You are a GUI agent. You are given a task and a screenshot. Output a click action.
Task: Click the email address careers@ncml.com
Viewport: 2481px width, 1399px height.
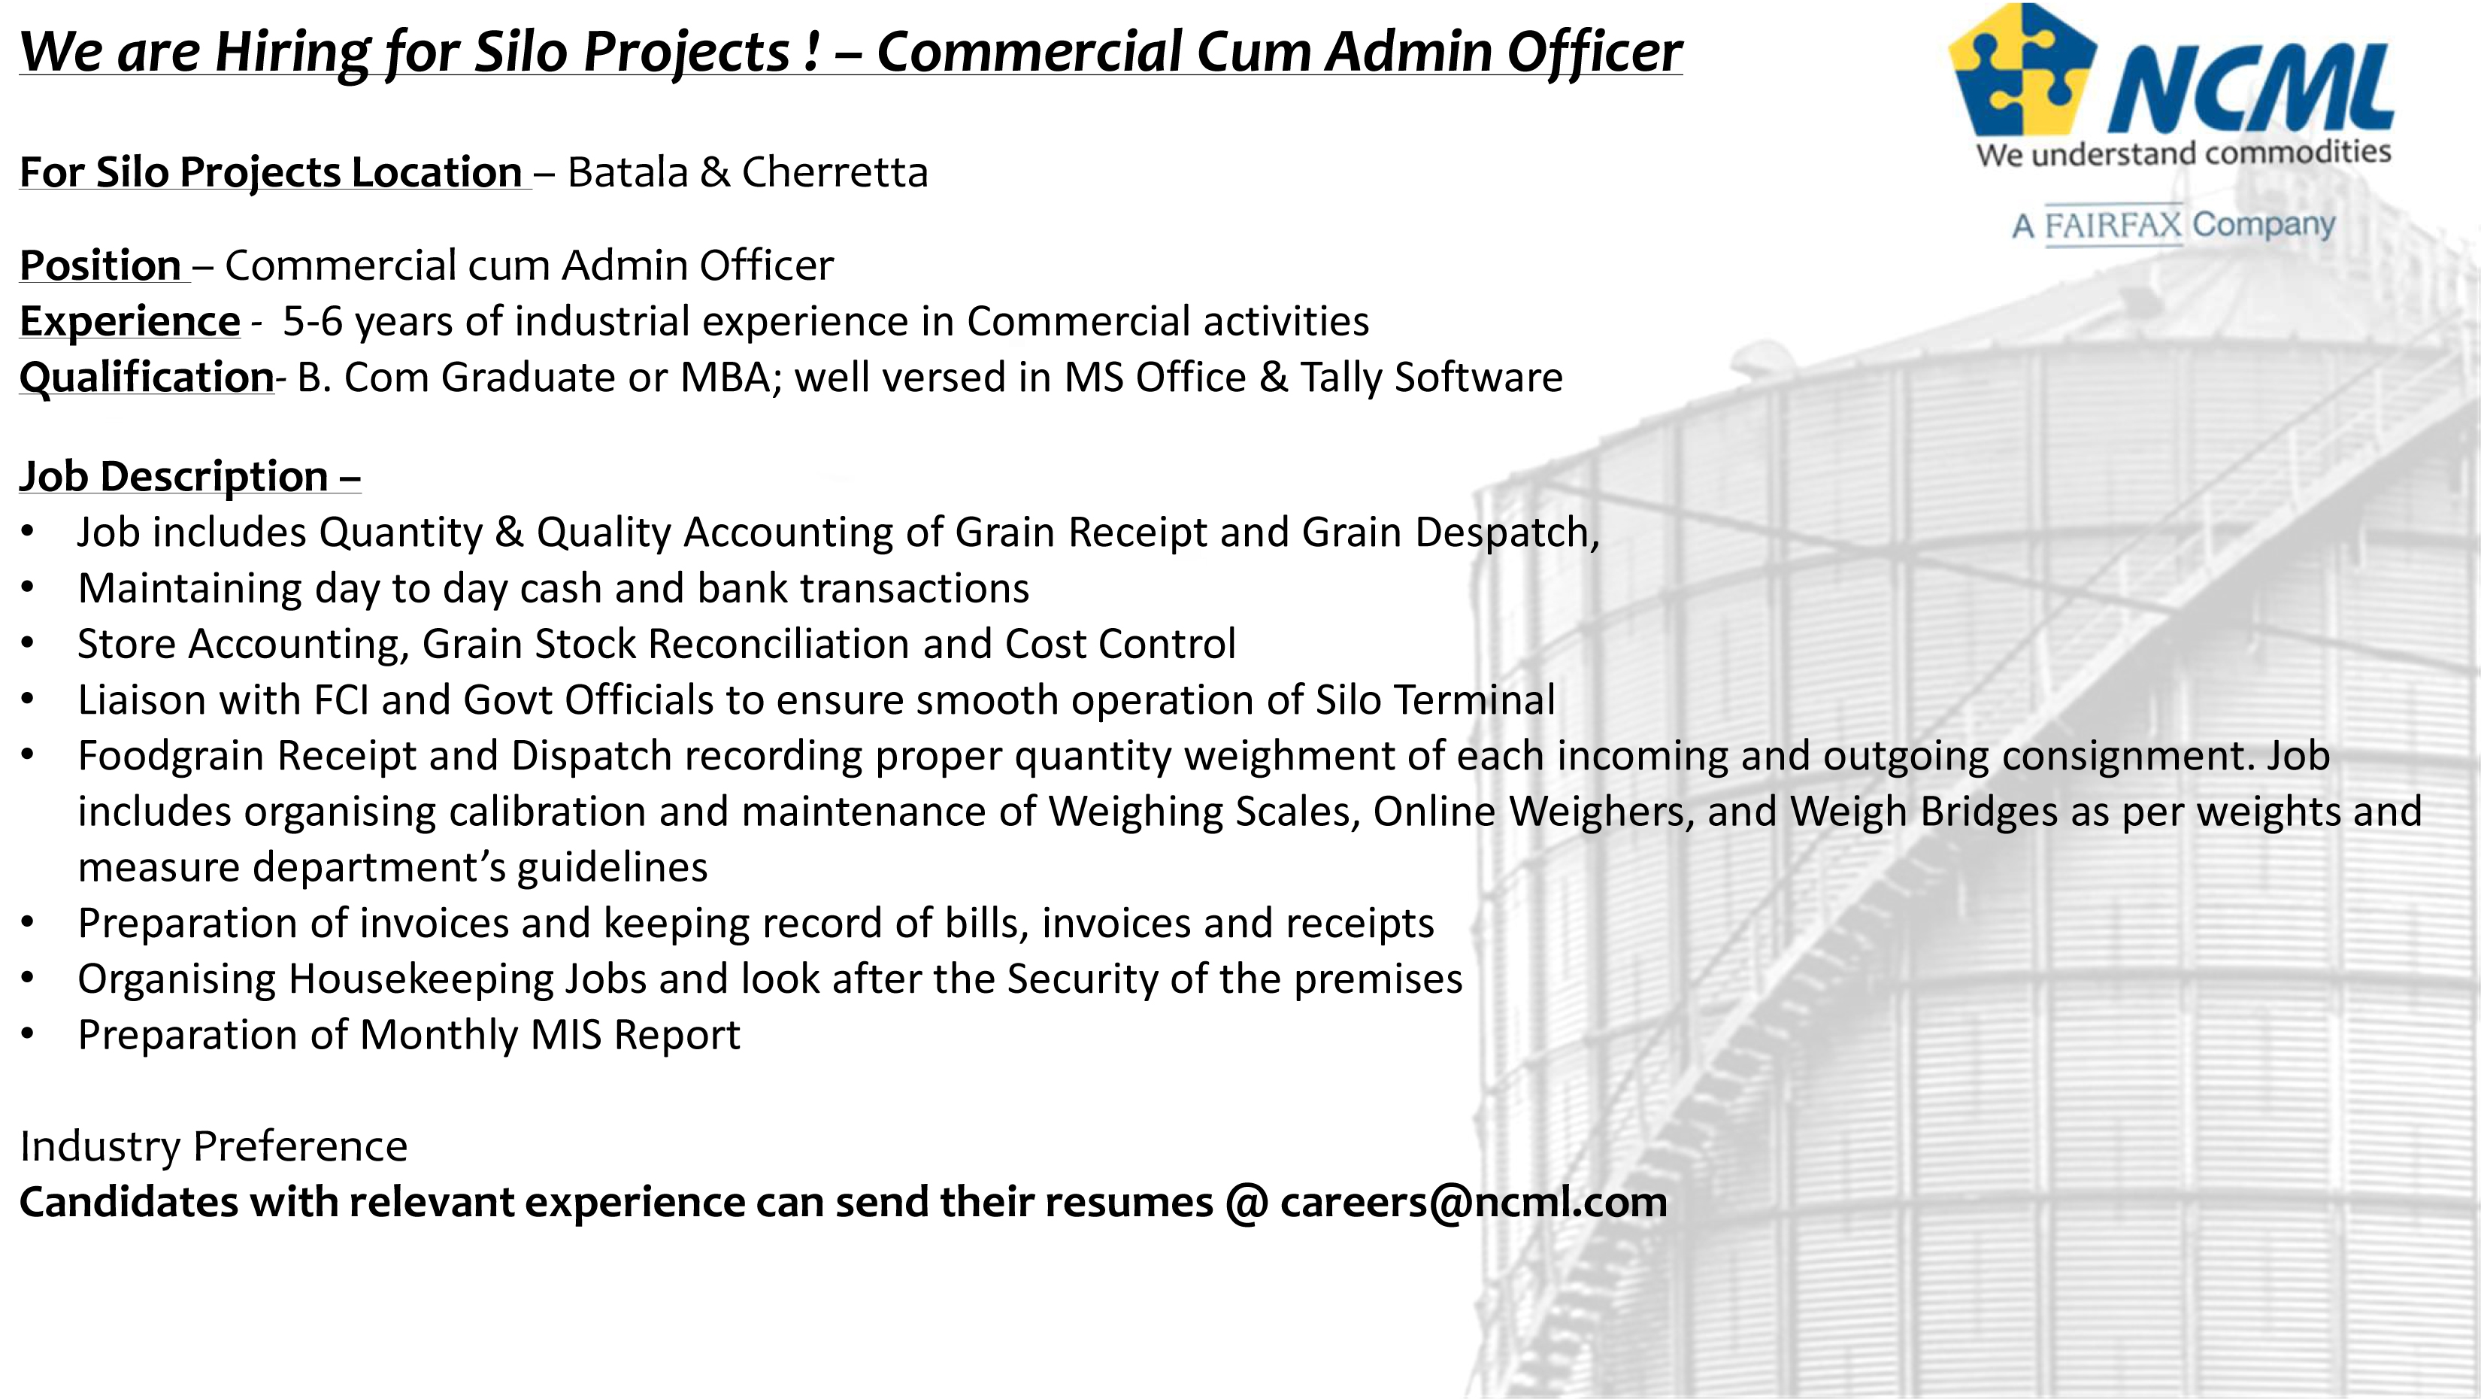coord(1474,1201)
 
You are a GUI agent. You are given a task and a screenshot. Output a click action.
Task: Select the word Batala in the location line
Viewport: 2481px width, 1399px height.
coord(628,172)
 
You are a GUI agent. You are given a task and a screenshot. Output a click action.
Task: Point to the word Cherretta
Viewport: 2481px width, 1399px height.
coord(835,172)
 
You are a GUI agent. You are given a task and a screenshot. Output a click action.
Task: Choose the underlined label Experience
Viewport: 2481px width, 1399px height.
coord(130,322)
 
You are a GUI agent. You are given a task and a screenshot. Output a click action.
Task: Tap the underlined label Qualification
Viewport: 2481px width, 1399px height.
coord(147,377)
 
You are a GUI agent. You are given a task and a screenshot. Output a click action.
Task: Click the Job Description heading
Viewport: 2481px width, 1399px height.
coord(189,477)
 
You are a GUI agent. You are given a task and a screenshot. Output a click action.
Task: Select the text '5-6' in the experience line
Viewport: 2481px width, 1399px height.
coord(313,321)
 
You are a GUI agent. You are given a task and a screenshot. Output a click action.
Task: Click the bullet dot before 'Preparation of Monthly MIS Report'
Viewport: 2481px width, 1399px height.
coord(27,1035)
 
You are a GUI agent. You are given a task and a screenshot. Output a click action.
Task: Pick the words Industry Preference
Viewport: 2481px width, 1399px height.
coord(214,1146)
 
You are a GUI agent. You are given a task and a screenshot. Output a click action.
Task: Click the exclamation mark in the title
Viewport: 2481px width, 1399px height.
coord(812,52)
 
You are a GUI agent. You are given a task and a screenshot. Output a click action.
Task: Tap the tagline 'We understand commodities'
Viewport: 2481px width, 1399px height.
coord(2183,153)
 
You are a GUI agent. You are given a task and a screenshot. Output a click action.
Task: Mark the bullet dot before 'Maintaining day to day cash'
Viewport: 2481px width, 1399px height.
coord(27,587)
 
